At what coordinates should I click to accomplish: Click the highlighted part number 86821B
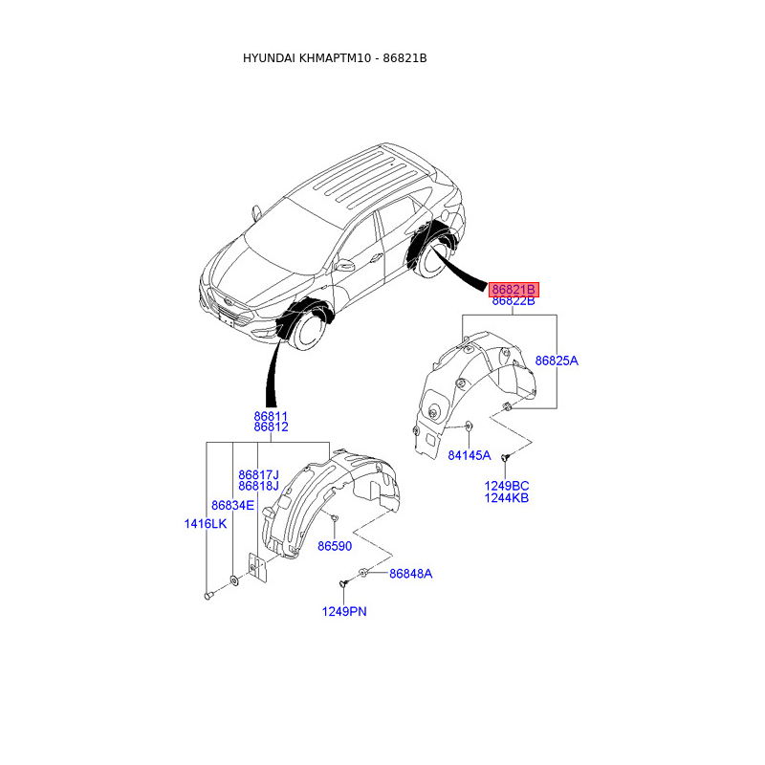[x=514, y=289]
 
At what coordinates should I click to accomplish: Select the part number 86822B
[x=514, y=301]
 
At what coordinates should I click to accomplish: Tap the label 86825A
[x=557, y=361]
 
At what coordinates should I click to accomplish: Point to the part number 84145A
[x=469, y=455]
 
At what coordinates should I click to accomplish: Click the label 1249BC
[x=507, y=486]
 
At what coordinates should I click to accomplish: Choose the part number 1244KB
[x=507, y=498]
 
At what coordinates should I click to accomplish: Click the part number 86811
[x=271, y=416]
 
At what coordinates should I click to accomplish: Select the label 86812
[x=271, y=427]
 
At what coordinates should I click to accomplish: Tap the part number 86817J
[x=258, y=474]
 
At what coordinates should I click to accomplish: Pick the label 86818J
[x=258, y=486]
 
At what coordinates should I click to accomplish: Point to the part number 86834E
[x=233, y=505]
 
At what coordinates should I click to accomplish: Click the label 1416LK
[x=206, y=523]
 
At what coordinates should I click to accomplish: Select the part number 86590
[x=335, y=546]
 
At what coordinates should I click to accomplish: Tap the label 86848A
[x=410, y=574]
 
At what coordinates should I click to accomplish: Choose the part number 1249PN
[x=344, y=611]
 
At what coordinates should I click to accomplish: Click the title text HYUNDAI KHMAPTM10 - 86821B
[x=335, y=58]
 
